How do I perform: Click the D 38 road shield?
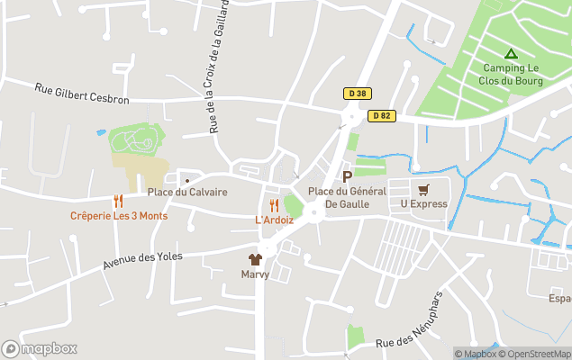coord(356,93)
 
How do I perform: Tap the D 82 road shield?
coord(379,115)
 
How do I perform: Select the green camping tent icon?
coord(511,53)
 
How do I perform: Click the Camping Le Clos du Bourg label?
coord(510,74)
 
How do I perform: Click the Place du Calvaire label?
coord(187,192)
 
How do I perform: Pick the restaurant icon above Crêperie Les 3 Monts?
coord(118,201)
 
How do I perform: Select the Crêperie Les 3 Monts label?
coord(119,216)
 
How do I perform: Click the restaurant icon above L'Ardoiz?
coord(274,205)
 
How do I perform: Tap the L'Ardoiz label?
coord(274,220)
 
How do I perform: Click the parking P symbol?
coord(347,176)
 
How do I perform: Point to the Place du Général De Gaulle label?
coord(347,197)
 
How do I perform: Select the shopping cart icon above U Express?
coord(423,189)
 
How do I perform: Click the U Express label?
coord(423,204)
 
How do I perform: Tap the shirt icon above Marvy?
coord(255,259)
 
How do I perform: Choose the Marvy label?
coord(255,274)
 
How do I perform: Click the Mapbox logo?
coord(40,349)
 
